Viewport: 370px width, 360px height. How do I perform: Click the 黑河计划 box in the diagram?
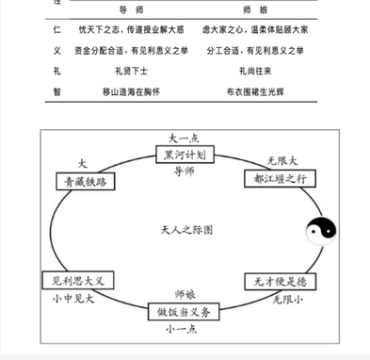point(185,155)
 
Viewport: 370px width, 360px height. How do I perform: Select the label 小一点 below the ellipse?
point(184,331)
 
